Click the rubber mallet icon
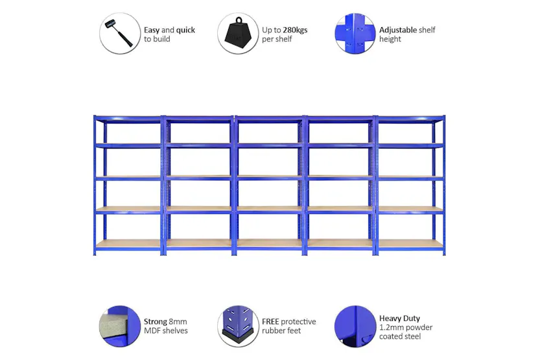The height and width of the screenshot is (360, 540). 120,33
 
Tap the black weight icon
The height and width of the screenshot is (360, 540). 237,33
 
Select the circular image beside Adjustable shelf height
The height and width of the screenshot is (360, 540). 355,33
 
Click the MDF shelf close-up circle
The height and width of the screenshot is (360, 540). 120,326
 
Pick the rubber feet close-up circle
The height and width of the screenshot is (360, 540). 237,326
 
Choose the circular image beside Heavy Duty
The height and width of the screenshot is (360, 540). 355,326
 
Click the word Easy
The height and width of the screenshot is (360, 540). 152,30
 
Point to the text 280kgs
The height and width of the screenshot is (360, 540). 295,30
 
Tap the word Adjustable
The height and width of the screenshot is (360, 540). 398,30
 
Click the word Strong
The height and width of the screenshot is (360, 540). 156,322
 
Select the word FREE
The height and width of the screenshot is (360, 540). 270,322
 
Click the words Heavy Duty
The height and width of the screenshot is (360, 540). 399,318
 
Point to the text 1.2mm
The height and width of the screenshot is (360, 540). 390,328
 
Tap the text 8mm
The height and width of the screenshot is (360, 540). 178,322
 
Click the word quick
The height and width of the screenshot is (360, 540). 185,30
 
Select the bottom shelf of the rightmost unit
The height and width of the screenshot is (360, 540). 410,244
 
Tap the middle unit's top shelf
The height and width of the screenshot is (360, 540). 269,119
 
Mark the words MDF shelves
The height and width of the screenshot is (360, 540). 166,331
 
